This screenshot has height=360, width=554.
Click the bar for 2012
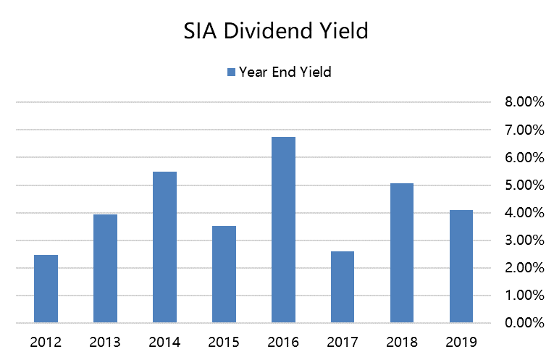(x=46, y=288)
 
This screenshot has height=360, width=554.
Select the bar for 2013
(x=105, y=268)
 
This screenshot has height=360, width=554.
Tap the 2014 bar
(x=164, y=247)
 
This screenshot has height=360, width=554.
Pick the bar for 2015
(x=224, y=274)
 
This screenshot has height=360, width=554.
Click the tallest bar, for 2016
(x=283, y=230)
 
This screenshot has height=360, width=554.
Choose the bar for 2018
(x=401, y=253)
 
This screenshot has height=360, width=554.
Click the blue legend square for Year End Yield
(x=231, y=72)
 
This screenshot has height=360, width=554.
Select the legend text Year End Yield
(x=285, y=72)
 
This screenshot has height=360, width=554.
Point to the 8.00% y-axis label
(x=524, y=102)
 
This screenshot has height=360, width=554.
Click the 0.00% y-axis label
(x=524, y=323)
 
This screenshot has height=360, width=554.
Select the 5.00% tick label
(x=524, y=185)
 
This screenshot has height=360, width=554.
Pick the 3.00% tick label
(x=524, y=240)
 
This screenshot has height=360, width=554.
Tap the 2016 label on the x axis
(x=283, y=341)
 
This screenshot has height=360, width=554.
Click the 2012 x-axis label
(x=46, y=341)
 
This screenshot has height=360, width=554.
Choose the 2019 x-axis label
(x=461, y=341)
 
